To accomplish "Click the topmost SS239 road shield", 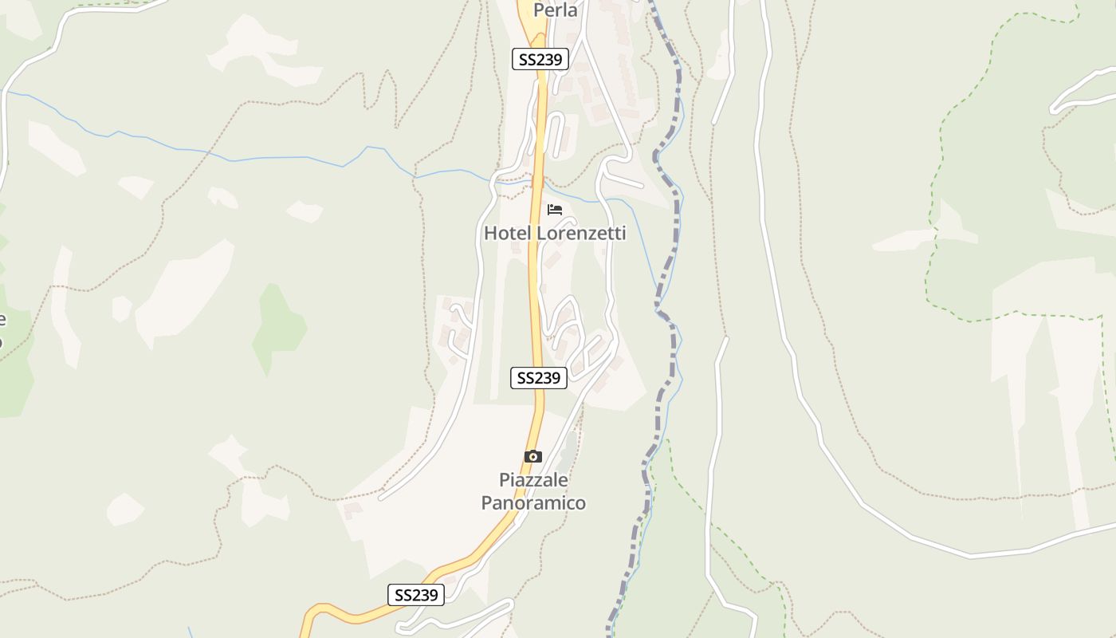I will [540, 59].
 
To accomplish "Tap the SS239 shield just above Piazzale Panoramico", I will [539, 378].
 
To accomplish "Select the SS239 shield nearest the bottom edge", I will [416, 595].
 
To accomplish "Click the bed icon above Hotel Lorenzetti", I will [555, 210].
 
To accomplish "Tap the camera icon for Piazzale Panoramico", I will [533, 457].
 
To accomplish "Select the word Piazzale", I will [533, 480].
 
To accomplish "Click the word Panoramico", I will [533, 503].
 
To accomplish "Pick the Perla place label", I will [555, 10].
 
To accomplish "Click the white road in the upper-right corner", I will [1084, 92].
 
